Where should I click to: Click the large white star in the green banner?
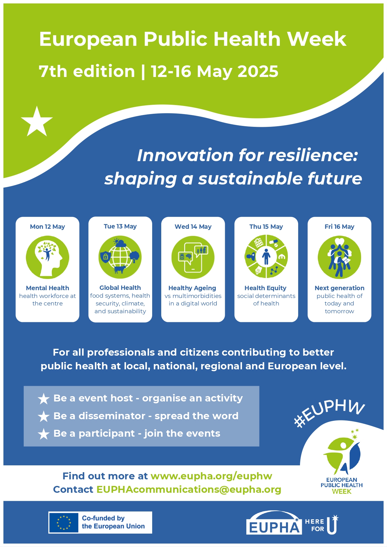pyautogui.click(x=37, y=122)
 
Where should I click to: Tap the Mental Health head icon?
pyautogui.click(x=47, y=257)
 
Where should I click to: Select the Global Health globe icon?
pyautogui.click(x=120, y=257)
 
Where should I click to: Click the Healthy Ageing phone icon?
pyautogui.click(x=193, y=257)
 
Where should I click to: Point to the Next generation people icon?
pyautogui.click(x=339, y=257)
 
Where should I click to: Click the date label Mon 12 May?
pyautogui.click(x=47, y=227)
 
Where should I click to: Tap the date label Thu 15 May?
pyautogui.click(x=266, y=227)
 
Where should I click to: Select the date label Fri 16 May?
pyautogui.click(x=339, y=227)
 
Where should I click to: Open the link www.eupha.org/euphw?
pyautogui.click(x=211, y=476)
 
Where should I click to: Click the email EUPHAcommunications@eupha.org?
pyautogui.click(x=189, y=489)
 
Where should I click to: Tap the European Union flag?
pyautogui.click(x=64, y=522)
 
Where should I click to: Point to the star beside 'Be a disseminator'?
pyautogui.click(x=44, y=416)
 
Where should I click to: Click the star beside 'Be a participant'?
pyautogui.click(x=44, y=434)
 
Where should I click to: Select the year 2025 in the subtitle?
pyautogui.click(x=258, y=71)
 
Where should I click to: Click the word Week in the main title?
pyautogui.click(x=316, y=39)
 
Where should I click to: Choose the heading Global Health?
pyautogui.click(x=120, y=288)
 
